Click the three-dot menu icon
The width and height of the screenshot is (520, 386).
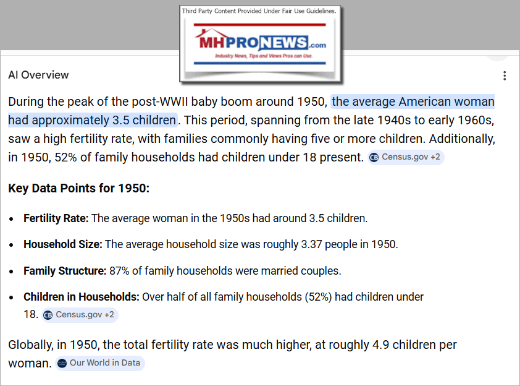pyautogui.click(x=505, y=75)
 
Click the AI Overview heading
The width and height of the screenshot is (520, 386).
pyautogui.click(x=38, y=75)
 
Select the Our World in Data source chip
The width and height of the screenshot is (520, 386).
pyautogui.click(x=99, y=362)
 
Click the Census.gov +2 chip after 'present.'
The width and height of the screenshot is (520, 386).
pyautogui.click(x=405, y=157)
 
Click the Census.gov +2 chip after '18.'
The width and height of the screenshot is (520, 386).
pyautogui.click(x=79, y=315)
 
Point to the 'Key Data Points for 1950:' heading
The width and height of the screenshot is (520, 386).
pyautogui.click(x=78, y=187)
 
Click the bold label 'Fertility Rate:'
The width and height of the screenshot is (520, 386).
pyautogui.click(x=56, y=218)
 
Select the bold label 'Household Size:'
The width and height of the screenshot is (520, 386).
pyautogui.click(x=62, y=244)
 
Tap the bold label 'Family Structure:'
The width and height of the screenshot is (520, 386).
pyautogui.click(x=65, y=270)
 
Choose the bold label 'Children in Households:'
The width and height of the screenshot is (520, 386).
pyautogui.click(x=82, y=297)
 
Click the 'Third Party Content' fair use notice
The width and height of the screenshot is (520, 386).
pyautogui.click(x=259, y=11)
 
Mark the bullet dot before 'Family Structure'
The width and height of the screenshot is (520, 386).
pyautogui.click(x=13, y=271)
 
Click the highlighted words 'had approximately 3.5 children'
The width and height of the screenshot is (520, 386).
pyautogui.click(x=92, y=119)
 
